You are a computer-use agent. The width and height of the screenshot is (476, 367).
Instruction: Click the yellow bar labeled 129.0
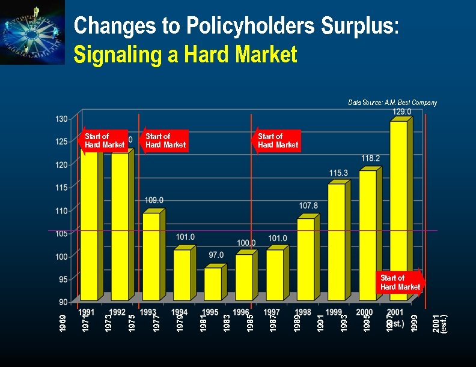click(398, 210)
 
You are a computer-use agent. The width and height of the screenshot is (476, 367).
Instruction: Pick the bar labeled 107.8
click(306, 258)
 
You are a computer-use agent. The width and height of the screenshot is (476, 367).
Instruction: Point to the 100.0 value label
click(245, 242)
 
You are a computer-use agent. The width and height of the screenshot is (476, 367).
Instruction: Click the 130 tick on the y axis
click(61, 119)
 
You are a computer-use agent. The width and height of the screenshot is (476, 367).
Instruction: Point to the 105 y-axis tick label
click(61, 234)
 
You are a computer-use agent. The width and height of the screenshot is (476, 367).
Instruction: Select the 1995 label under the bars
click(210, 312)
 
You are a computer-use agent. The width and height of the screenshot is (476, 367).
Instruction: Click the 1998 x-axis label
click(303, 312)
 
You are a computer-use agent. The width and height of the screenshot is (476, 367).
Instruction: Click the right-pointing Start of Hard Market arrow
click(401, 282)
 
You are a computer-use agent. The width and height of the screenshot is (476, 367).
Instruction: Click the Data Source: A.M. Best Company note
click(392, 103)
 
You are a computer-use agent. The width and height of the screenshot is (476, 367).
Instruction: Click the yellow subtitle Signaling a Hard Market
click(185, 55)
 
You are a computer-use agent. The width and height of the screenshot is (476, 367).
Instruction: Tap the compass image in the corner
click(32, 32)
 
